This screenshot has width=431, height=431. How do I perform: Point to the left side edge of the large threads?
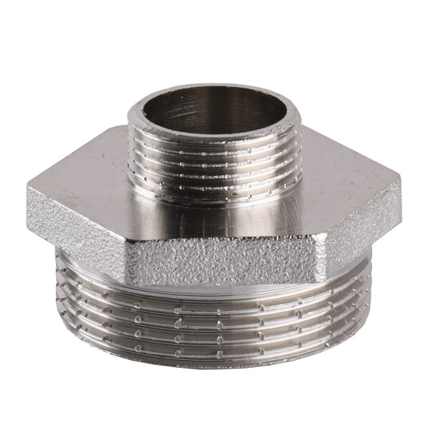[x=58, y=302]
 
